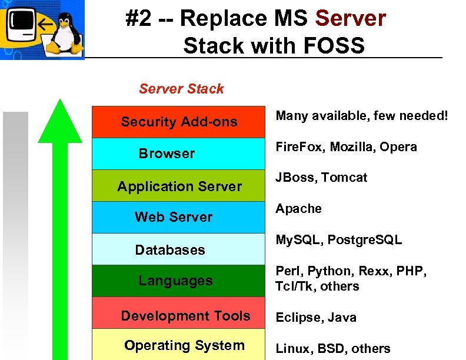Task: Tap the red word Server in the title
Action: [351, 19]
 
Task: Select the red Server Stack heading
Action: [181, 89]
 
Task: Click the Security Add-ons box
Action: [179, 122]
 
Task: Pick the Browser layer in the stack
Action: [179, 154]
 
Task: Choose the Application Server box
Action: [179, 186]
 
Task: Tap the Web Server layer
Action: [179, 217]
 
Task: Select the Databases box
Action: [179, 250]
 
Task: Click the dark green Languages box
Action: [179, 281]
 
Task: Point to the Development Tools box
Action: [179, 316]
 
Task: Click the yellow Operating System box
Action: [179, 346]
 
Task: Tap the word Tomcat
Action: [344, 178]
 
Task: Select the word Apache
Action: [299, 209]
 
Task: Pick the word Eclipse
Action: [297, 318]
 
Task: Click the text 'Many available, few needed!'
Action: [362, 116]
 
